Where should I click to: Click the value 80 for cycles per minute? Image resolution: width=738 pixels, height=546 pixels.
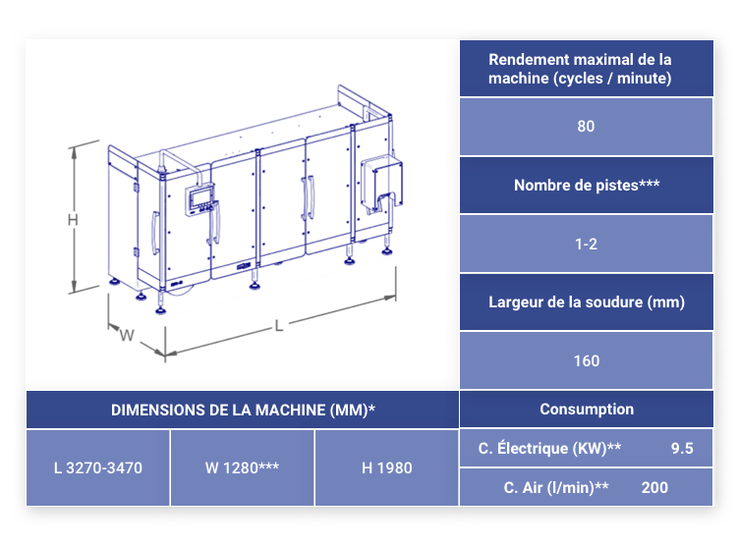pos(586,126)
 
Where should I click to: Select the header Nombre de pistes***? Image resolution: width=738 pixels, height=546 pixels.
pos(587,185)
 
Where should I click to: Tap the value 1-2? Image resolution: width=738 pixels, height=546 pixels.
pos(586,245)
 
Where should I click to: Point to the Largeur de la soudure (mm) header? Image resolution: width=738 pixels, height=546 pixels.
pos(587,301)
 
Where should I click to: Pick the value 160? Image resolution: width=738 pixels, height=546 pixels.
pos(587,360)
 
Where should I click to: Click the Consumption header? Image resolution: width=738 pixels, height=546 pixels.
pos(587,409)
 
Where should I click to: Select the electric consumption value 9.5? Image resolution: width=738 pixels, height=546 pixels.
pos(682,448)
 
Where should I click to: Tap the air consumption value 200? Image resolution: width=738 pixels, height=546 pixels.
pos(654,488)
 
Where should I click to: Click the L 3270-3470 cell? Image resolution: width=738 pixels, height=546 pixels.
pos(98,468)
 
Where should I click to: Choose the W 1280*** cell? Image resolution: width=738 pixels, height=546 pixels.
pos(242,468)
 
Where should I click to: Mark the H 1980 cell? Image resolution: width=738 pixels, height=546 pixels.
pos(387,468)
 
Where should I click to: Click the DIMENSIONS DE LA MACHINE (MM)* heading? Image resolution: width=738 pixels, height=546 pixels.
pos(243,410)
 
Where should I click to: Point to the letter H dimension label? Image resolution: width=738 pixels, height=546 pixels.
pos(73,220)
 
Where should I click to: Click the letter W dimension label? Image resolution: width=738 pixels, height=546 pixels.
pos(127,335)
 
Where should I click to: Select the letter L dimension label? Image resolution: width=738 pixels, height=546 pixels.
pos(279,326)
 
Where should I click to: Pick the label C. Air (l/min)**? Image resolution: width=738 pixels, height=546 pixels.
pos(556,488)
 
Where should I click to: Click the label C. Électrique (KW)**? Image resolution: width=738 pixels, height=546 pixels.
pos(549,448)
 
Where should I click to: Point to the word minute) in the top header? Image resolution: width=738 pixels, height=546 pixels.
pos(645,78)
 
